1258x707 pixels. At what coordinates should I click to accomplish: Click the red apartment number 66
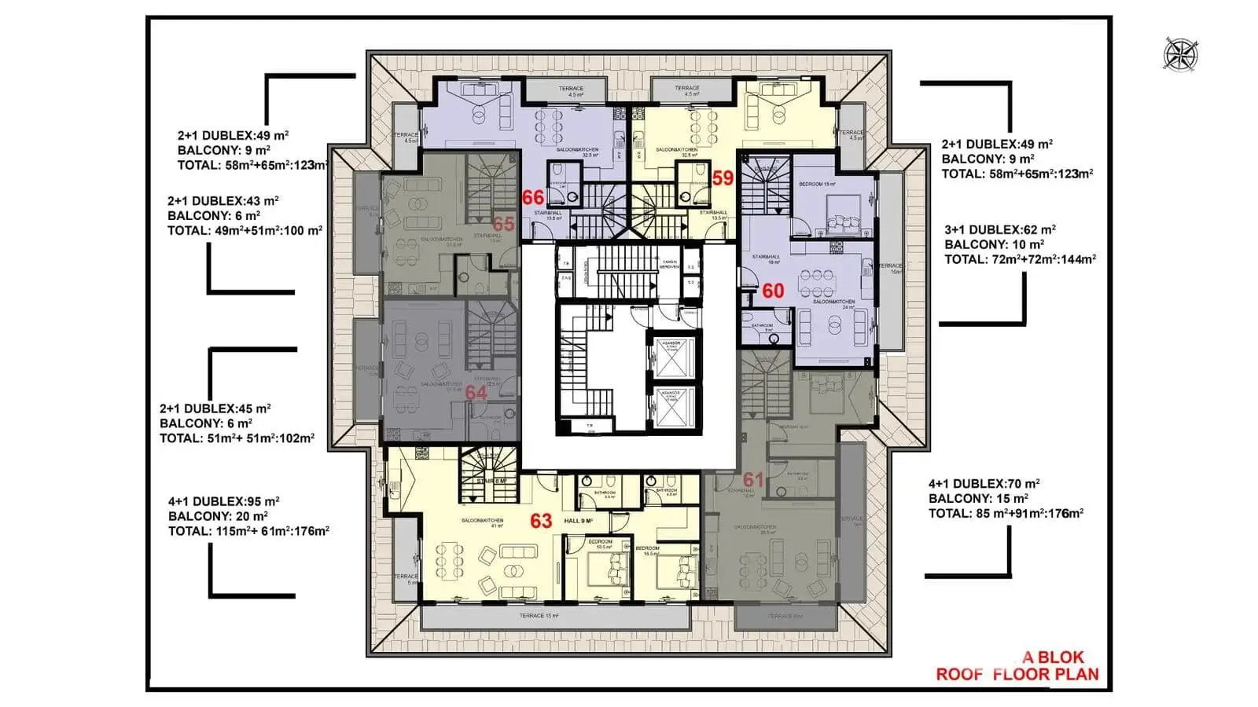[533, 197]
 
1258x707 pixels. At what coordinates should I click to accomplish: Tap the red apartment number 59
[723, 178]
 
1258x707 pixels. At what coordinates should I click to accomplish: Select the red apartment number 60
[773, 291]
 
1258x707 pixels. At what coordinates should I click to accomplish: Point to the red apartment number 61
[753, 479]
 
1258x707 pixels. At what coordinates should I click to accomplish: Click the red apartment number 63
[541, 521]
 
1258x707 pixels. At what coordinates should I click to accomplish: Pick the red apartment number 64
[476, 392]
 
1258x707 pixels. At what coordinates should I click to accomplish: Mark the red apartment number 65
[503, 225]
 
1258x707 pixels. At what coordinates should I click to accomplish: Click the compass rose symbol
[1179, 53]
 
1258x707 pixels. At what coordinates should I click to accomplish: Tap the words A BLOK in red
[1053, 658]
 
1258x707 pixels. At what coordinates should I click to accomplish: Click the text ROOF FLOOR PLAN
[1017, 674]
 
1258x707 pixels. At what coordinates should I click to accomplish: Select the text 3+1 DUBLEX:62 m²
[999, 230]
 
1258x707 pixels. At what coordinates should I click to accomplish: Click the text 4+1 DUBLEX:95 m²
[223, 501]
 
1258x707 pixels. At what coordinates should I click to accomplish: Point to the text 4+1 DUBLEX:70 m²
[984, 484]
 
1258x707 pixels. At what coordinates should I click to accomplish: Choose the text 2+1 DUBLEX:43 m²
[223, 201]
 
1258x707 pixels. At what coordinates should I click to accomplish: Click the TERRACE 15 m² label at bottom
[539, 616]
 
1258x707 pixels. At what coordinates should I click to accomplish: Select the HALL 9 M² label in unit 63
[578, 521]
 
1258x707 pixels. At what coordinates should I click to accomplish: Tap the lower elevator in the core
[670, 405]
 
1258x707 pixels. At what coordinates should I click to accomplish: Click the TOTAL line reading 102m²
[237, 438]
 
